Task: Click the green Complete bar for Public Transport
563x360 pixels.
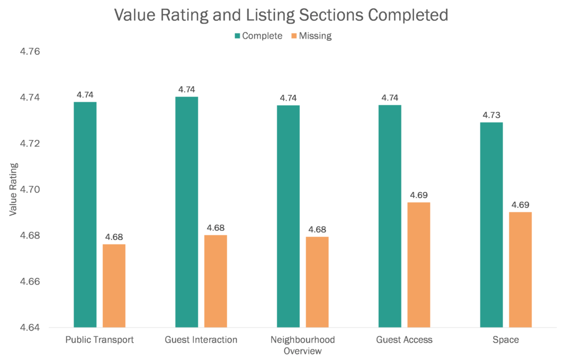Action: click(x=85, y=214)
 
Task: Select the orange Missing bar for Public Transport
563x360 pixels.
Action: click(x=114, y=286)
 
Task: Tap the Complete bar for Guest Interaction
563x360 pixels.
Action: click(x=186, y=212)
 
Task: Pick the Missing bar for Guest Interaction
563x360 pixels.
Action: click(x=216, y=281)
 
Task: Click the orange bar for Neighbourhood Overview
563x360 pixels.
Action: click(x=317, y=282)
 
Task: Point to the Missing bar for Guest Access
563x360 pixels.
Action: click(x=419, y=265)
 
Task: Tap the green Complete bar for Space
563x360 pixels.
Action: click(x=492, y=225)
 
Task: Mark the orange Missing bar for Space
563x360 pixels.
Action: click(x=521, y=269)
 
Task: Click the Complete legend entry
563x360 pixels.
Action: click(x=258, y=36)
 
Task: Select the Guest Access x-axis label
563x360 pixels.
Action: click(x=404, y=340)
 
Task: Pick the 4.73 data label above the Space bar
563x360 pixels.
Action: click(x=492, y=115)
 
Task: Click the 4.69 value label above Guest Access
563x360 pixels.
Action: click(x=419, y=195)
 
